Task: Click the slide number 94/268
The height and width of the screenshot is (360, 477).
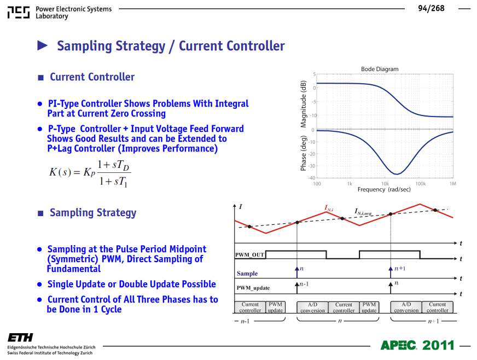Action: [x=431, y=9]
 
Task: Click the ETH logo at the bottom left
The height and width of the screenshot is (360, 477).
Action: [x=20, y=338]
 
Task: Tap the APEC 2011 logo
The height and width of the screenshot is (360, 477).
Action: [x=417, y=345]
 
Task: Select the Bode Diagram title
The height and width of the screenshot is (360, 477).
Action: [x=380, y=69]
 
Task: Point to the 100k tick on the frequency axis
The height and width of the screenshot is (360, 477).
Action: [x=421, y=184]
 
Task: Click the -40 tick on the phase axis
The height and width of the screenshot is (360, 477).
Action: [x=312, y=178]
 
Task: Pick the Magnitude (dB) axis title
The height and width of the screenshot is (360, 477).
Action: [x=303, y=104]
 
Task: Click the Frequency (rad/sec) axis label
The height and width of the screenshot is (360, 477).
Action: [x=384, y=190]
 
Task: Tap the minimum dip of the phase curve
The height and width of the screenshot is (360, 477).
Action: [x=397, y=174]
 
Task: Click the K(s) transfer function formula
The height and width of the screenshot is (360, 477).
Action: [x=90, y=173]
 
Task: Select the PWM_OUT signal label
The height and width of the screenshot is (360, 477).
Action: [x=249, y=255]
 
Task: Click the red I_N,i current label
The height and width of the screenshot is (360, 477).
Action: [x=329, y=208]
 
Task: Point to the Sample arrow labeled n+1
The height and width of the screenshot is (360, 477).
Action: [x=391, y=272]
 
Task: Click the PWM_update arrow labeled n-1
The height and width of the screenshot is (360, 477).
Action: [x=297, y=288]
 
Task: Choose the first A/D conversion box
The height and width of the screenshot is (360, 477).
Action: [x=312, y=307]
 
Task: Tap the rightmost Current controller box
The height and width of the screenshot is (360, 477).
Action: [x=438, y=307]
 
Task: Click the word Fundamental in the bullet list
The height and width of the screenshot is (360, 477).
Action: [x=74, y=269]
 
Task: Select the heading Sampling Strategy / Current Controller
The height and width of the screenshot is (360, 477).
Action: [x=171, y=47]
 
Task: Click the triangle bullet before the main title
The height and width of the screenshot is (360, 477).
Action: [x=42, y=45]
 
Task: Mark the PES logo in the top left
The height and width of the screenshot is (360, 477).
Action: [x=19, y=13]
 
